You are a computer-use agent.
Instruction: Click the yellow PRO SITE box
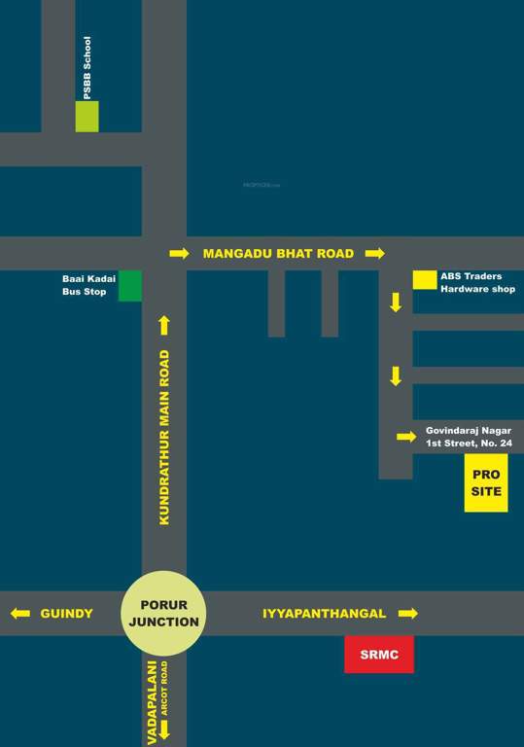point(486,483)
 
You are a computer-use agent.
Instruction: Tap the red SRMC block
point(379,655)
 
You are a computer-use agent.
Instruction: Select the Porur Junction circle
point(163,613)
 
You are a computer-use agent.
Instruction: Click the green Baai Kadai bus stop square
point(130,286)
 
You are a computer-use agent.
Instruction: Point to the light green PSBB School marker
point(87,116)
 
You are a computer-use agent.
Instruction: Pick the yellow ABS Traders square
point(425,280)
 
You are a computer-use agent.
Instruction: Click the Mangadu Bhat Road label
point(278,253)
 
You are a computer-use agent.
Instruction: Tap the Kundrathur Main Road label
point(164,438)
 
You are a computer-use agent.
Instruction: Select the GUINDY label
point(66,614)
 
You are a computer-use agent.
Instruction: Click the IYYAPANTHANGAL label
point(325,614)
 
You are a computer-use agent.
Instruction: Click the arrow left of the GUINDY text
point(19,614)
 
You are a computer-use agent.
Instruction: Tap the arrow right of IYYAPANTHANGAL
point(408,614)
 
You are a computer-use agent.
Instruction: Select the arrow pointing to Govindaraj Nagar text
point(406,437)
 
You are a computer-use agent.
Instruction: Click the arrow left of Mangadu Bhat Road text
point(179,253)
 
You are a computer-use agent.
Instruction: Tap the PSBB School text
point(87,67)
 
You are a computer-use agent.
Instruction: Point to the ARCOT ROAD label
point(165,689)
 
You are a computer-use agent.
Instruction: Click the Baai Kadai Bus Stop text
point(88,285)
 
